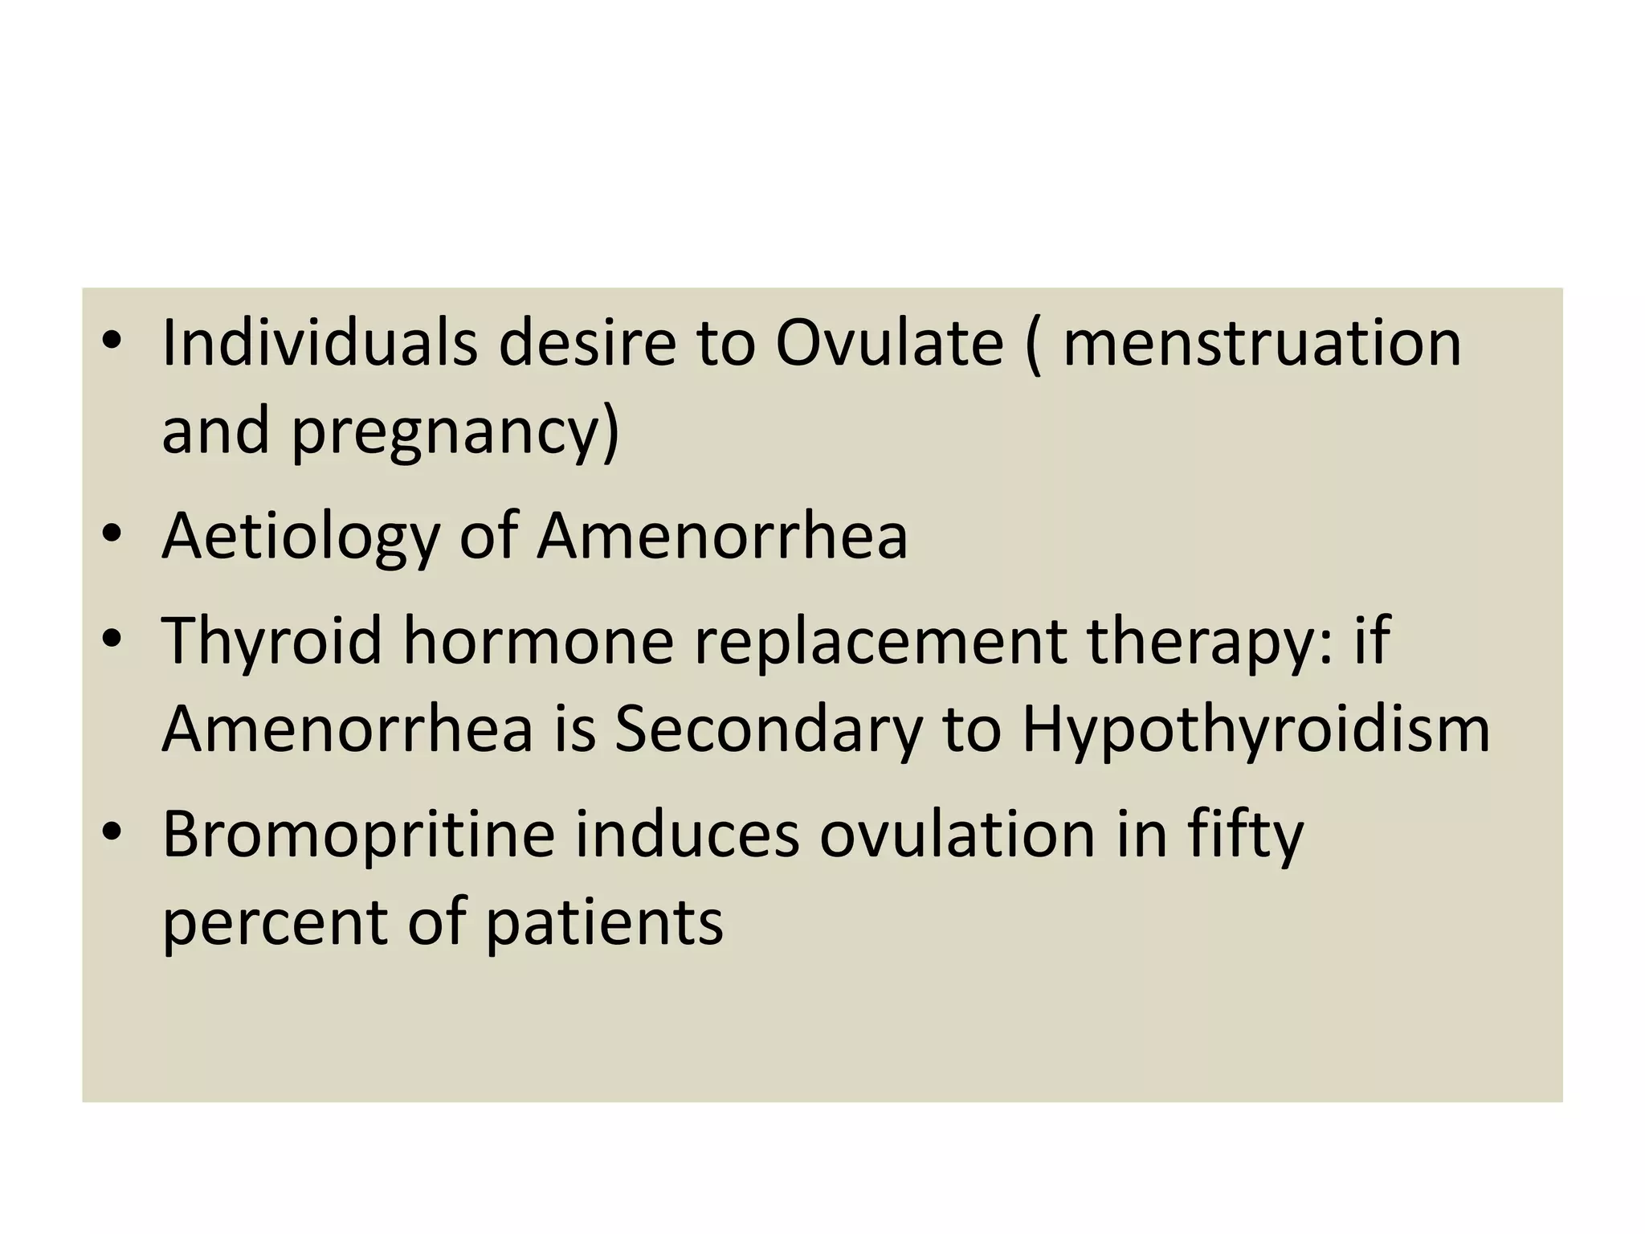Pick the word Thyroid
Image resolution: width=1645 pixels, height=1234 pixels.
[271, 640]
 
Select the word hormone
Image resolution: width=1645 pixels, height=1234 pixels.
[538, 640]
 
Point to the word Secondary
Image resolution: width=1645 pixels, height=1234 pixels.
[768, 729]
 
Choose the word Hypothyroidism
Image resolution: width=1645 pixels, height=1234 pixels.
[1255, 729]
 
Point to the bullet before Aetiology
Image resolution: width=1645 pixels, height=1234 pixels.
[112, 533]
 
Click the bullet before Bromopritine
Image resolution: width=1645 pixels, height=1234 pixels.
[112, 832]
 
